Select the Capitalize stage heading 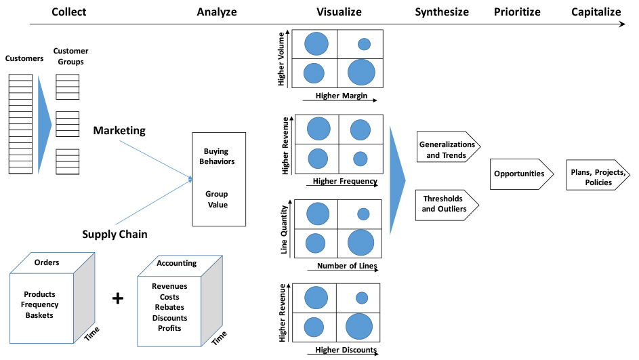pos(596,12)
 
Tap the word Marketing pos(119,130)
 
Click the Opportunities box pos(519,174)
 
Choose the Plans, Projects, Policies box pos(591,178)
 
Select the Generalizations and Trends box pos(447,150)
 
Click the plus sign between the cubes pos(117,298)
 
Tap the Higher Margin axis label pos(341,96)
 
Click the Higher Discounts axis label pos(346,350)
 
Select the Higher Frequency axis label pos(344,182)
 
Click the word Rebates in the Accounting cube pos(169,308)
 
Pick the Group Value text pos(217,199)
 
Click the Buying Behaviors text pos(218,157)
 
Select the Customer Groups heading pos(71,56)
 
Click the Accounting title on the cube pos(176,263)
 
